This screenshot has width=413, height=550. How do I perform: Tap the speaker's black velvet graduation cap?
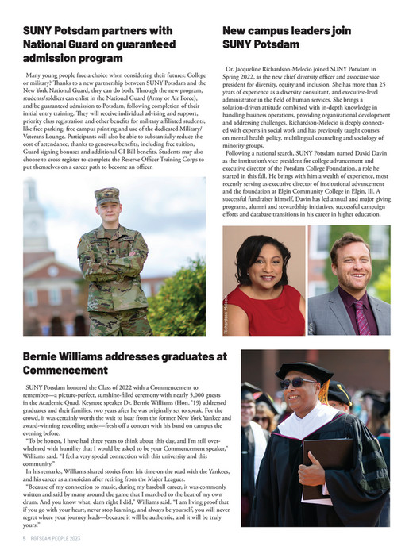[x=307, y=370]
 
